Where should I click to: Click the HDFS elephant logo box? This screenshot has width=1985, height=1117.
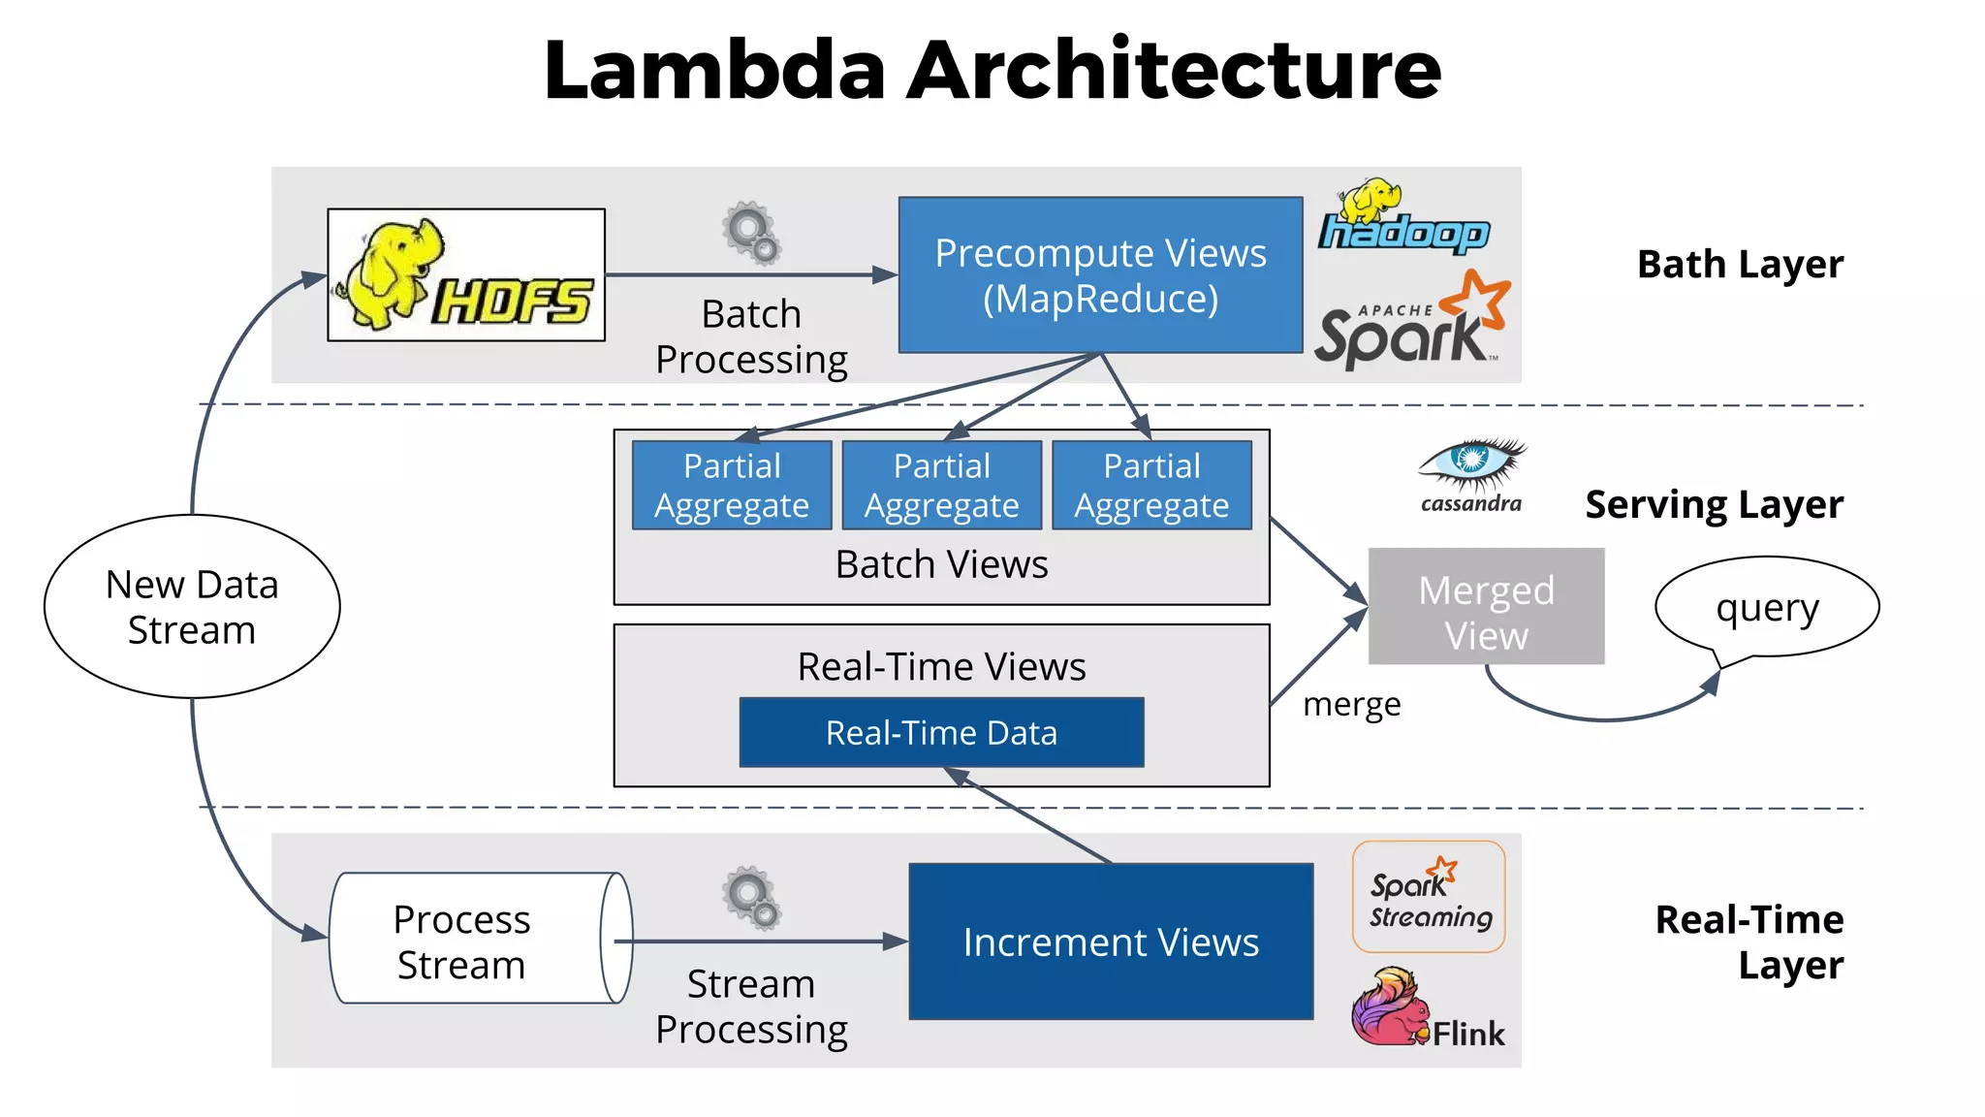click(466, 274)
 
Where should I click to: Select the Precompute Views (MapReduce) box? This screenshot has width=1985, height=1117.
click(1100, 275)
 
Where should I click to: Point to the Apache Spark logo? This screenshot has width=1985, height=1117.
click(1410, 324)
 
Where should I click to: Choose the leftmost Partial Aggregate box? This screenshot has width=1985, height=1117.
click(732, 485)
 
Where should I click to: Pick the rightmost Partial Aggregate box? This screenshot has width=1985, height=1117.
click(1151, 485)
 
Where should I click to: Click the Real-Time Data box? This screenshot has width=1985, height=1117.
click(941, 733)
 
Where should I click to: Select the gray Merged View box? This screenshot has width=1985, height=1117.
click(1486, 607)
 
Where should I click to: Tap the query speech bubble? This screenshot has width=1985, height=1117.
click(1766, 608)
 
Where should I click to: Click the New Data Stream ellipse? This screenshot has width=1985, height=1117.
click(192, 606)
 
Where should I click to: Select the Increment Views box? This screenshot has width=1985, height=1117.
click(1111, 941)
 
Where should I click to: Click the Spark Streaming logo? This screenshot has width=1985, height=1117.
click(1429, 897)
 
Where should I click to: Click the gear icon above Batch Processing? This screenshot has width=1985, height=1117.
click(751, 234)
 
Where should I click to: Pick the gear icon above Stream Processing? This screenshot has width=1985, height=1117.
click(751, 898)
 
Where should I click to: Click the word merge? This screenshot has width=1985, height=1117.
click(1351, 704)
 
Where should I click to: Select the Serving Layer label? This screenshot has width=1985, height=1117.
click(1714, 505)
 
